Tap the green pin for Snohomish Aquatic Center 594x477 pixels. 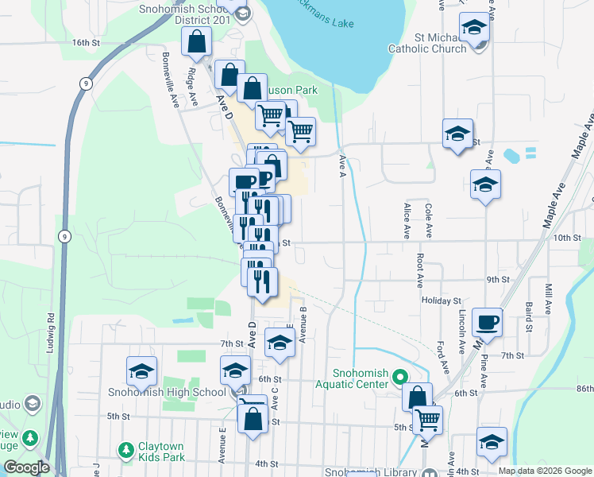(x=400, y=378)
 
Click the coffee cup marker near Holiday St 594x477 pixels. (x=488, y=323)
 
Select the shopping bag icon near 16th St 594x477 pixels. (x=196, y=41)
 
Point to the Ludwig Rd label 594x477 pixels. (x=51, y=332)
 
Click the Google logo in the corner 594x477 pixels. (x=26, y=467)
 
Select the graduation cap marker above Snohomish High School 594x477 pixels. (x=142, y=371)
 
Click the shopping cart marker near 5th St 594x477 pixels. (x=428, y=418)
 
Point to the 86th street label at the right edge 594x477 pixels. (x=584, y=389)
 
